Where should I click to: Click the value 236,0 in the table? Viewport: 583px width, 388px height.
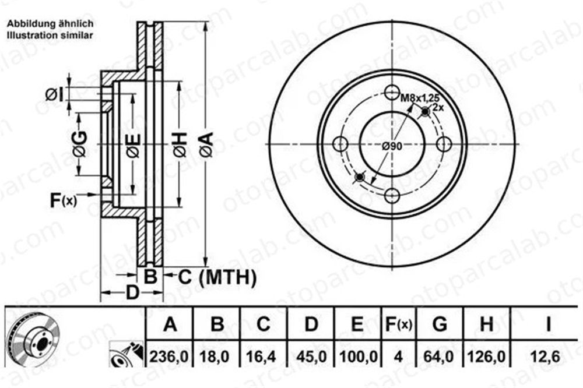point(169,357)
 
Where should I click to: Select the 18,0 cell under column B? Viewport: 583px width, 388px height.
point(215,357)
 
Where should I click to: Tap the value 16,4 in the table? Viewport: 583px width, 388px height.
point(261,357)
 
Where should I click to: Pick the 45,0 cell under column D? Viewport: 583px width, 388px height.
point(311,357)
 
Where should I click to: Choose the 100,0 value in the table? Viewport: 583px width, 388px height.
point(359,357)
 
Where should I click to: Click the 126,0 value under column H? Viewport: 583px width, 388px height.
point(486,357)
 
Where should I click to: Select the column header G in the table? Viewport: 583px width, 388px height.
point(440,324)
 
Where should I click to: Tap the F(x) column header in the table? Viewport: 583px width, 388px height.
point(399,324)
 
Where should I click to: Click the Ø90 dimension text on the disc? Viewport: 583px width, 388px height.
point(392,146)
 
